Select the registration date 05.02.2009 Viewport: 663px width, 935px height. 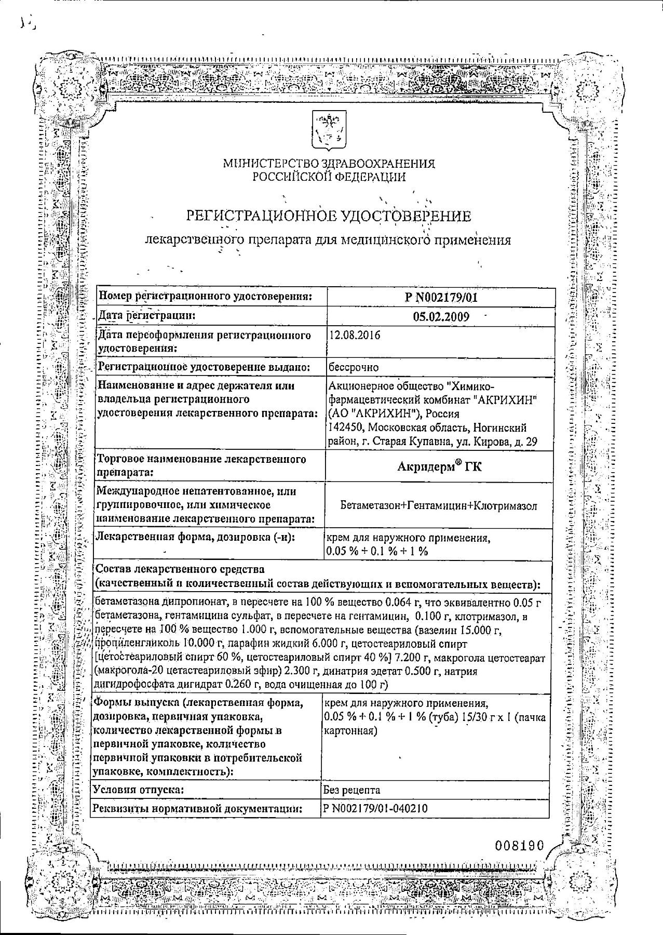(x=441, y=317)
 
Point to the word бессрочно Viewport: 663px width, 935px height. (x=354, y=367)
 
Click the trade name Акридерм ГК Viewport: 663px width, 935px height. (x=439, y=466)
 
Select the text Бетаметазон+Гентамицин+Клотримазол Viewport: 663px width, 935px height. (x=439, y=505)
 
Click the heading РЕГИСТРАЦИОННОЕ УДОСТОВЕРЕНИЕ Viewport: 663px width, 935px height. (x=328, y=216)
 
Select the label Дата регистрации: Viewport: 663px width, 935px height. (x=147, y=316)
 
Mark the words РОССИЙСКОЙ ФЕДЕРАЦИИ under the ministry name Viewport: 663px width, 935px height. (x=329, y=177)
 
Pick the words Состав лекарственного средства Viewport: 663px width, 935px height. (x=180, y=569)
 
